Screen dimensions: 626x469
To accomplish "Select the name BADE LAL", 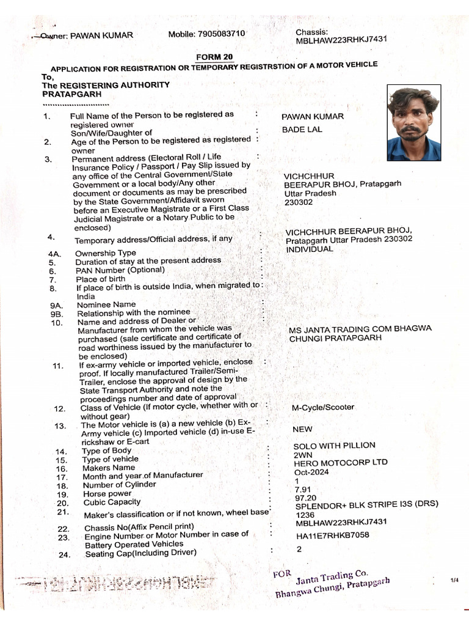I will [302, 130].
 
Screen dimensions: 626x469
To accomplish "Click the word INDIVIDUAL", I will [310, 249].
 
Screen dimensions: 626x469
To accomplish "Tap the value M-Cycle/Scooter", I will [323, 407].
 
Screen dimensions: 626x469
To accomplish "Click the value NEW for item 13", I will [303, 429].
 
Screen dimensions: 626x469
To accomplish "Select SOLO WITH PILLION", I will [334, 445].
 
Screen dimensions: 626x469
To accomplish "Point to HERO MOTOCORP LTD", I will [340, 463].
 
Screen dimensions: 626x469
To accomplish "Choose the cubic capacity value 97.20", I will [305, 498].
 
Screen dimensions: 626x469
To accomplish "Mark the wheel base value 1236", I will [305, 515].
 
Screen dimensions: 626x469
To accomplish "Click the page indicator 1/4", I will [454, 579].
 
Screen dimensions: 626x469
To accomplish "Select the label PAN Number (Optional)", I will [120, 270].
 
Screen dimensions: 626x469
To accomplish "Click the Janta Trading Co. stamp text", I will [332, 576].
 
